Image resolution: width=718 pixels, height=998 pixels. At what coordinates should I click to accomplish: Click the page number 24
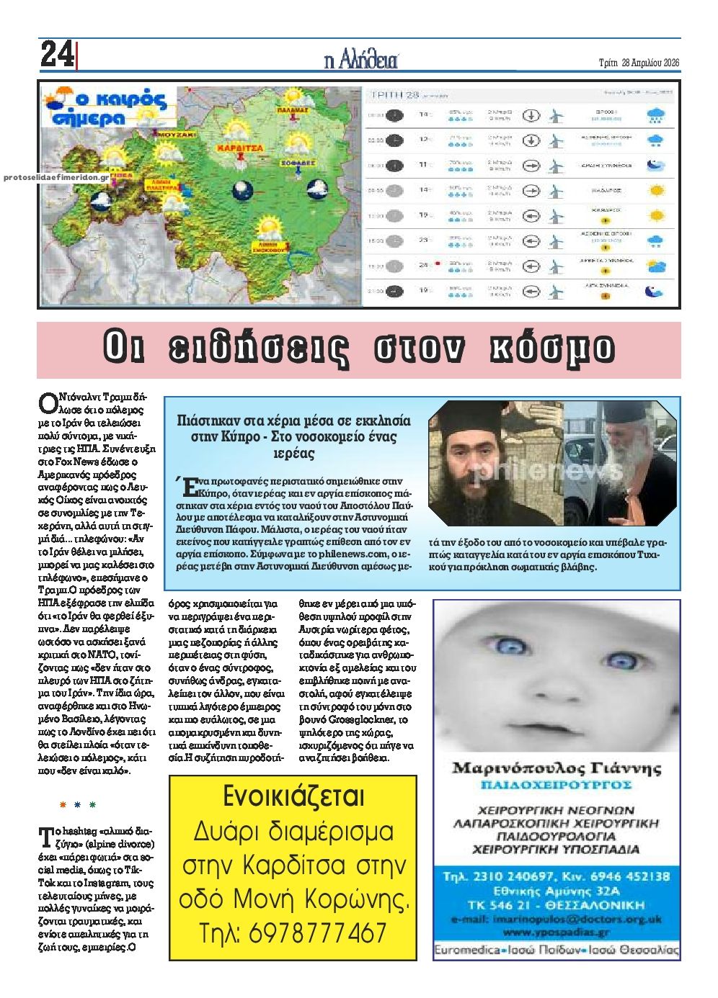click(56, 55)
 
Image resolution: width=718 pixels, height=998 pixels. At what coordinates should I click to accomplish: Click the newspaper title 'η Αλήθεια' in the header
click(360, 60)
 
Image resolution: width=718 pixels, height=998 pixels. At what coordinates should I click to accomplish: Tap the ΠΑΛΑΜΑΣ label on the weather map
click(292, 111)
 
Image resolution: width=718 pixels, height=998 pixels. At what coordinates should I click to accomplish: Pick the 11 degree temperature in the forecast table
click(424, 165)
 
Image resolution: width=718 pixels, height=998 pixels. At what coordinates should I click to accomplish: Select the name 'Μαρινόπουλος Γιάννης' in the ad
click(556, 768)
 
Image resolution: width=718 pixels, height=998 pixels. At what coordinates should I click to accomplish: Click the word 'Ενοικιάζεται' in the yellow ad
click(293, 796)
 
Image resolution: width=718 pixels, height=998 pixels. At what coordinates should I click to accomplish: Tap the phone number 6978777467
click(293, 934)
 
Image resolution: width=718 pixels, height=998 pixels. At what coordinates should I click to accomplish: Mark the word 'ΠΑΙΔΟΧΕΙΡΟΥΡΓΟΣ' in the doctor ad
click(556, 784)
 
